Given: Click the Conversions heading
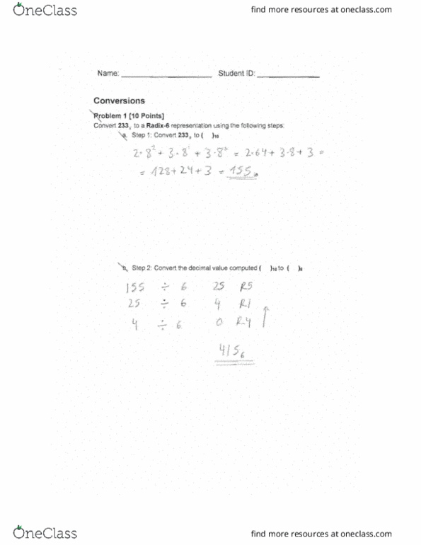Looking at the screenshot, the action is point(119,101).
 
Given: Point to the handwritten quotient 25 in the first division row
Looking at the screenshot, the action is point(217,288).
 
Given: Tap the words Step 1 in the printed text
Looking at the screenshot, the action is point(139,134).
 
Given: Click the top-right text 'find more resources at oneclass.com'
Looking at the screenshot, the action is point(331,11).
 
